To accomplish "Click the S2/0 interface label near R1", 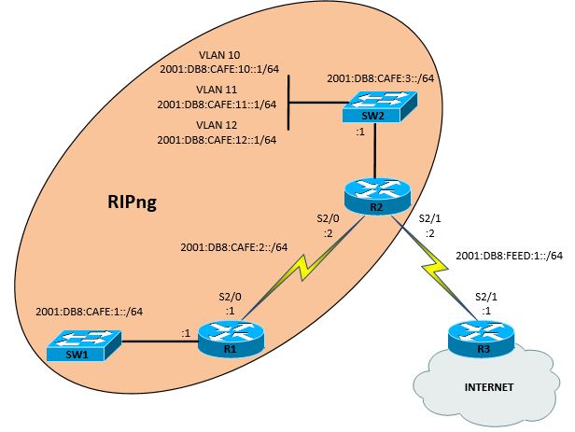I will tap(230, 298).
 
